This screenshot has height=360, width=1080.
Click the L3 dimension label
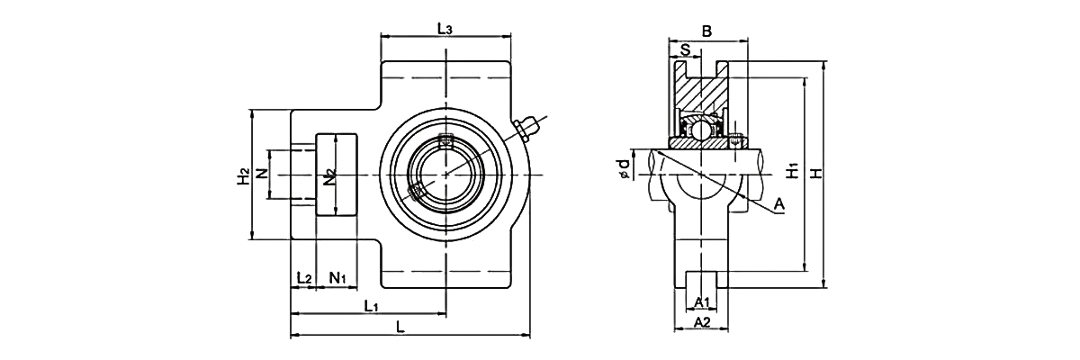(445, 28)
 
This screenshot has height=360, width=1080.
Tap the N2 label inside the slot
(330, 175)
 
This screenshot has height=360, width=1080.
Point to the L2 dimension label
(303, 277)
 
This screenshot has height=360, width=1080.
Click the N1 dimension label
(338, 277)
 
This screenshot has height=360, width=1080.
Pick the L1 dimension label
(371, 306)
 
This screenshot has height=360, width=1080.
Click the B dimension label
(707, 31)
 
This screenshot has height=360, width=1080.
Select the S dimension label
(686, 50)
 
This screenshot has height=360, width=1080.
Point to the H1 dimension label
(790, 168)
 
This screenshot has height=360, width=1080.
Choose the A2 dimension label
(703, 322)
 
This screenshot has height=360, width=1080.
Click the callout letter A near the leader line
(779, 206)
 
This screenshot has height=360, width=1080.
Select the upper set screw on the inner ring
(444, 140)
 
